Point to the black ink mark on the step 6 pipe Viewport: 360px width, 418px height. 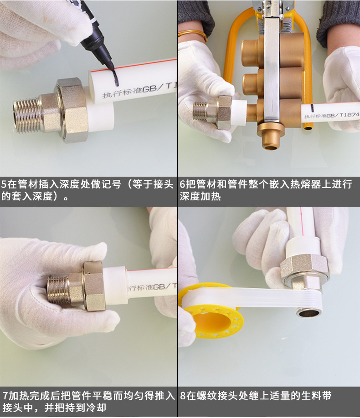coord(312,109)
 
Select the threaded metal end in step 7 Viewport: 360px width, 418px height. coord(59,290)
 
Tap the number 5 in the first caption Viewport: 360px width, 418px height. coord(4,185)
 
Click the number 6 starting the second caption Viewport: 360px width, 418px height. coord(183,185)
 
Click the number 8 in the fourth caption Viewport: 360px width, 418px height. coord(183,395)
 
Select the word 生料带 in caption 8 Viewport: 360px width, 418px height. coord(318,395)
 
